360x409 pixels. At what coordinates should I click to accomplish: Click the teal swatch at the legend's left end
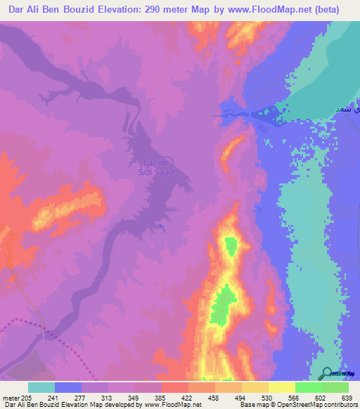pyautogui.click(x=41, y=387)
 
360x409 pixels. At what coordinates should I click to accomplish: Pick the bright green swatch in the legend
pyautogui.click(x=308, y=387)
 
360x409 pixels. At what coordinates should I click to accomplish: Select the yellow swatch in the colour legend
pyautogui.click(x=281, y=387)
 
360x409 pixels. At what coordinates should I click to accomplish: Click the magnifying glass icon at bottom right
pyautogui.click(x=327, y=373)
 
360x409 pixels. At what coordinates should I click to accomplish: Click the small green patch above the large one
pyautogui.click(x=230, y=245)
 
